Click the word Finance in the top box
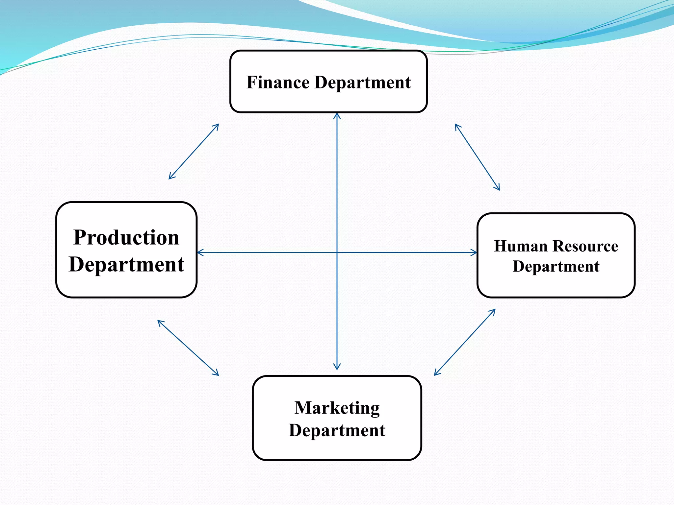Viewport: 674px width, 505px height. point(278,82)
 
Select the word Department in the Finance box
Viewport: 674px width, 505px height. point(363,83)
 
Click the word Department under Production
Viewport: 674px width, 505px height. point(126,265)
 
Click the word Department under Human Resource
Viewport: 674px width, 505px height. point(556,267)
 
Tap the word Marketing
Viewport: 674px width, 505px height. point(337,408)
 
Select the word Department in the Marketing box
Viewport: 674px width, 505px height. point(337,430)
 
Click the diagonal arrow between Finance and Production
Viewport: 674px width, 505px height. point(194,152)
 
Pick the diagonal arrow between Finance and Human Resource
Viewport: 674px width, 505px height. point(477,157)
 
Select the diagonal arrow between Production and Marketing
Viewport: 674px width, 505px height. point(188,348)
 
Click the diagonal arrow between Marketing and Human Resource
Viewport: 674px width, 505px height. point(465,342)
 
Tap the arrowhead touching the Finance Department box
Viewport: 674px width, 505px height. point(337,115)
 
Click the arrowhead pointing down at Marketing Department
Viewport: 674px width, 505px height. point(337,367)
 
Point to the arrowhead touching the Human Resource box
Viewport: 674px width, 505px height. point(474,252)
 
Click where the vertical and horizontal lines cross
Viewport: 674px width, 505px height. point(337,252)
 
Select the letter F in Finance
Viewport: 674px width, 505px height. point(252,82)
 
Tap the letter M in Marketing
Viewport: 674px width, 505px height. point(303,408)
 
